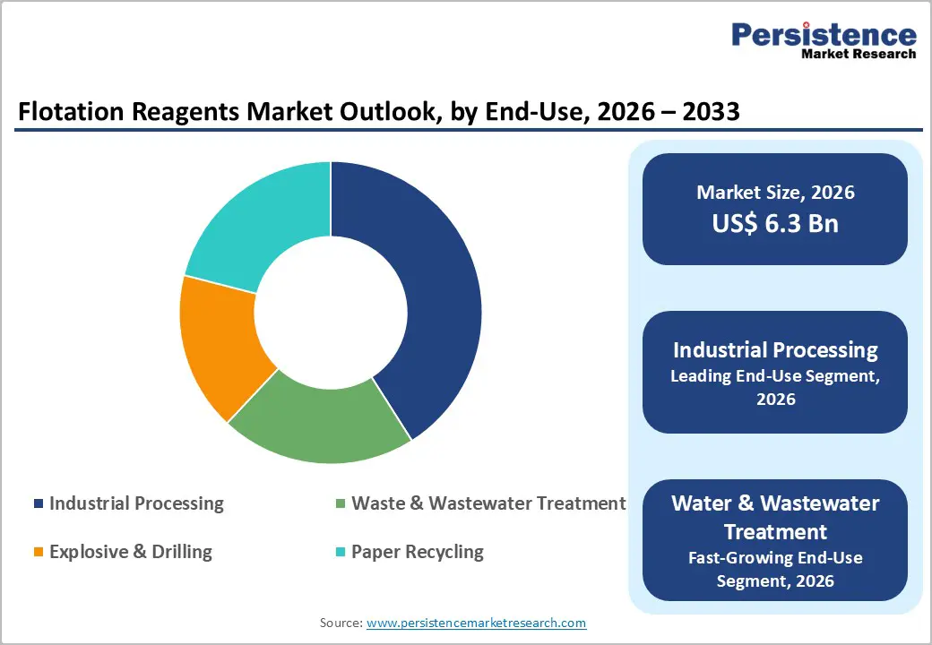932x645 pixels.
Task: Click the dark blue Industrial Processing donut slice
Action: tap(421, 296)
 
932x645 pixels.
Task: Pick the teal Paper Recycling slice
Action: tap(260, 219)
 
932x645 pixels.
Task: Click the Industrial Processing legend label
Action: tap(136, 503)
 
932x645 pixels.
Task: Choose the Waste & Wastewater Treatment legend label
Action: tap(488, 503)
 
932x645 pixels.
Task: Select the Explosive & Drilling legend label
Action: tap(131, 552)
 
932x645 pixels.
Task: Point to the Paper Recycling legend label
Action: tap(418, 552)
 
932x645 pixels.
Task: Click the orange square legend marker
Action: tap(38, 553)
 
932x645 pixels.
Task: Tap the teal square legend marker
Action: tap(340, 553)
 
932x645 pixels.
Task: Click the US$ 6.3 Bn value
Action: tap(775, 223)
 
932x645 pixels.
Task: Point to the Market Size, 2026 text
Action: tap(775, 193)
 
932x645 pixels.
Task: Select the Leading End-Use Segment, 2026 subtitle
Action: tap(775, 387)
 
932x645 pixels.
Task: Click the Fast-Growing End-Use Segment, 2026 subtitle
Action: tap(775, 569)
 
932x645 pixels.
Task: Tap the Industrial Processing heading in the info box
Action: tap(775, 349)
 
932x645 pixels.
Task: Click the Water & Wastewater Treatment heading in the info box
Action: tap(775, 516)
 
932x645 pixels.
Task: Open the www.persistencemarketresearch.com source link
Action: tap(476, 623)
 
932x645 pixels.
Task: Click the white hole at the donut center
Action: tap(331, 312)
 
